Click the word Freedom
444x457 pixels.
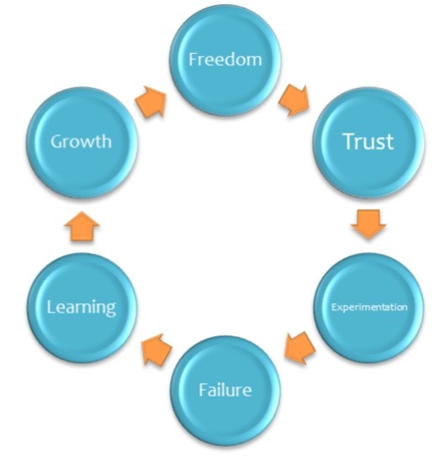[225, 59]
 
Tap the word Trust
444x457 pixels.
[368, 141]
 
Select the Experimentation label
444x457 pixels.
[369, 307]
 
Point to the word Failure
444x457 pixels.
[225, 390]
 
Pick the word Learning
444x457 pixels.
[82, 308]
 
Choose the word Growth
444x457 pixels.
[81, 141]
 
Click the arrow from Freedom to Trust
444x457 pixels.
[294, 100]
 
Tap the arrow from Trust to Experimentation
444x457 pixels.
[368, 224]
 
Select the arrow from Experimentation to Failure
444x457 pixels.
[300, 348]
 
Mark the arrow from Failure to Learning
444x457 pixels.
[156, 349]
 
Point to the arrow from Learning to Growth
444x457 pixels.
[82, 227]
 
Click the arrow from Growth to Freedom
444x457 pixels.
[151, 102]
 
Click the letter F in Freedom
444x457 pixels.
[193, 59]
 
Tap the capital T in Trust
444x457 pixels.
[350, 141]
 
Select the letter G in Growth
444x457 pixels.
[57, 142]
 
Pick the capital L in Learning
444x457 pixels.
[50, 307]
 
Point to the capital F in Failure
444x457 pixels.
[203, 390]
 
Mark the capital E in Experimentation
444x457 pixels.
[334, 307]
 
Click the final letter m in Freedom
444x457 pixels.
[255, 61]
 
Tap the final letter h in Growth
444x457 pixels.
[106, 141]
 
